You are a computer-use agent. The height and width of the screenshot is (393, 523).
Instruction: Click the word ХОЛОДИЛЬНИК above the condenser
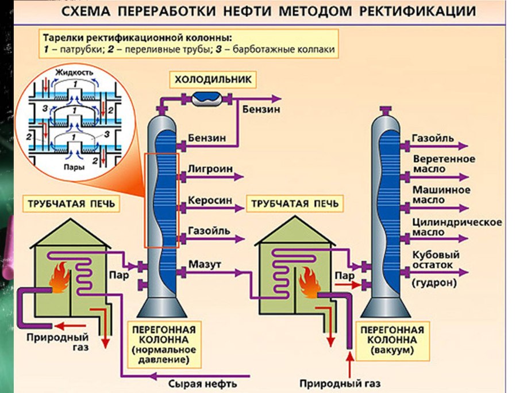[213, 78]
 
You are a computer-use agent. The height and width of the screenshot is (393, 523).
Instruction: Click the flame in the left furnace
[60, 278]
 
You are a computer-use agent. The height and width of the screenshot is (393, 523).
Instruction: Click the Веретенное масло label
[444, 164]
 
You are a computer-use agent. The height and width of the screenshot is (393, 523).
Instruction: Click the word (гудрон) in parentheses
[434, 283]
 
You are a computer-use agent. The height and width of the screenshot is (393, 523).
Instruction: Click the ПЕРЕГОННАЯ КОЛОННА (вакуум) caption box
[390, 339]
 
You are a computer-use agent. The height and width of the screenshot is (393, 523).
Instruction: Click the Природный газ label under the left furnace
[49, 342]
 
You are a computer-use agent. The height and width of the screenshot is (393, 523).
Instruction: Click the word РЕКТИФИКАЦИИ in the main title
[407, 11]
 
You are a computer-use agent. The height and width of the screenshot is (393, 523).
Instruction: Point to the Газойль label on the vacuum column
[433, 138]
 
